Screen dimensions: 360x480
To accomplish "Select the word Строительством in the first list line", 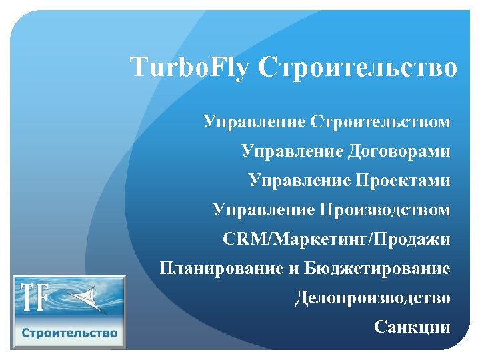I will pyautogui.click(x=380, y=123).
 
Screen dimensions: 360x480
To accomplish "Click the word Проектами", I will pyautogui.click(x=405, y=181).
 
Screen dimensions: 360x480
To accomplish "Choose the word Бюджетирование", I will pyautogui.click(x=377, y=269).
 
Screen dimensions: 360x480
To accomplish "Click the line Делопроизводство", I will pyautogui.click(x=373, y=297).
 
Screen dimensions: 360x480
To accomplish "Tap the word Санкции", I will pyautogui.click(x=412, y=327).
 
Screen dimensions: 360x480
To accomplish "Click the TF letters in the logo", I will pyautogui.click(x=33, y=298).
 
